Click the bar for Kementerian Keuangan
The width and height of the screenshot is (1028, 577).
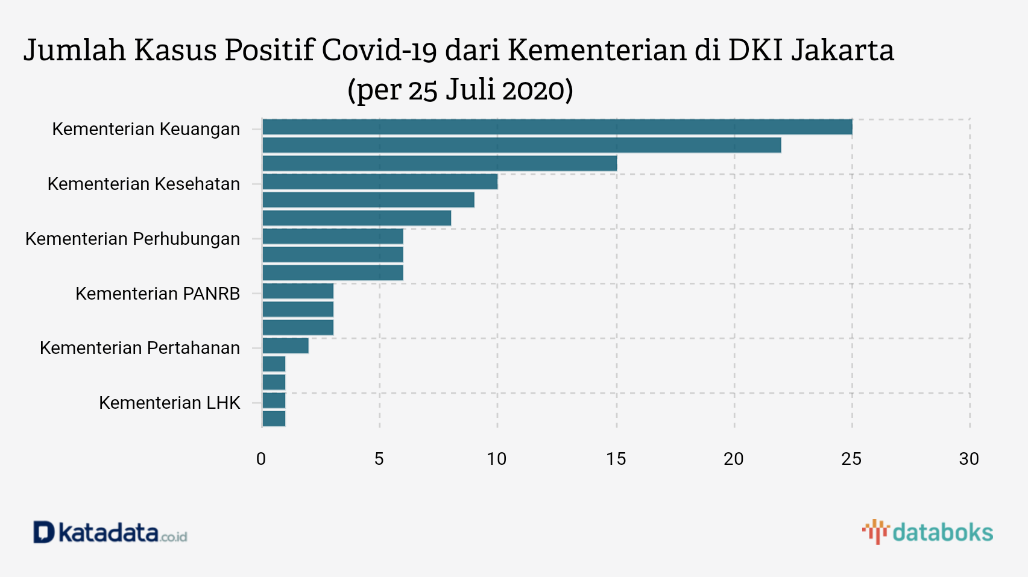point(557,127)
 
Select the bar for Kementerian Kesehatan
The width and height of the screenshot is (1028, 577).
point(380,181)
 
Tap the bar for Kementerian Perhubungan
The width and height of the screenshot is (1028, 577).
point(332,236)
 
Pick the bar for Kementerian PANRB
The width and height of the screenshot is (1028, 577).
point(298,291)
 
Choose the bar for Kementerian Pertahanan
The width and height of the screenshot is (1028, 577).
point(285,345)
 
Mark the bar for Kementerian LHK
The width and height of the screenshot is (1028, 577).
point(274,400)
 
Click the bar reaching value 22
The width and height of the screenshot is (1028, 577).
point(522,145)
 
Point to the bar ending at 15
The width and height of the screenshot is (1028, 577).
point(440,163)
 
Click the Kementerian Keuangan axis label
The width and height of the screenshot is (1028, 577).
point(146,129)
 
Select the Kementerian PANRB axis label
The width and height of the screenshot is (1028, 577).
point(157,294)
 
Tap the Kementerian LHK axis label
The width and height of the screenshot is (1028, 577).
point(169,403)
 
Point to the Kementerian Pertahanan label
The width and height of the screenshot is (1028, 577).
point(140,348)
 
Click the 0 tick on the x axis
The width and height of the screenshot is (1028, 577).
point(261,459)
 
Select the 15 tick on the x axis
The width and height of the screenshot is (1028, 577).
point(616,459)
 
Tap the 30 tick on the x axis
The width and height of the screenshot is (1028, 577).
point(969,459)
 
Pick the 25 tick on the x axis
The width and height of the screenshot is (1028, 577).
point(851,459)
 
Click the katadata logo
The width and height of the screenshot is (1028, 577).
point(110,533)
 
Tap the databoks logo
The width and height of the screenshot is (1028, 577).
point(927,532)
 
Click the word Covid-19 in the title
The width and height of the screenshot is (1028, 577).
point(379,50)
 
